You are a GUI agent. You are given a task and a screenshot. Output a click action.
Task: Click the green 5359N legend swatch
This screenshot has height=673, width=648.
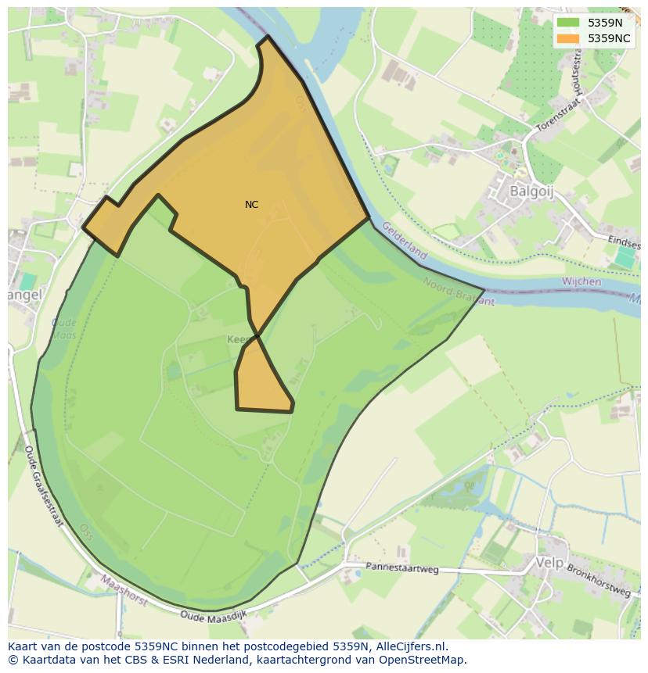[x=567, y=23]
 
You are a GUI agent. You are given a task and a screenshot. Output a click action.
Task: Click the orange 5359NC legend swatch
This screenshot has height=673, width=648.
[x=567, y=38]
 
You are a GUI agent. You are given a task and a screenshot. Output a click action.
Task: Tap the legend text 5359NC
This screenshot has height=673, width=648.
[x=609, y=38]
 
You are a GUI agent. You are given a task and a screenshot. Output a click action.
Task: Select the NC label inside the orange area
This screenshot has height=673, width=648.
[x=251, y=205]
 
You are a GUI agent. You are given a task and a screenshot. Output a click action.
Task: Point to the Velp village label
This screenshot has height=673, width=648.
[x=549, y=562]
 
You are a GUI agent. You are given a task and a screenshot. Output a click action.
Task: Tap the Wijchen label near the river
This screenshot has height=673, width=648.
[x=581, y=281]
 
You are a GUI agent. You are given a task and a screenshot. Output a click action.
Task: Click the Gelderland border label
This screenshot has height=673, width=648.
[x=405, y=241]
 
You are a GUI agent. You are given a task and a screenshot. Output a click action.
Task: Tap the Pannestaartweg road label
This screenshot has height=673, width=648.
[x=402, y=568]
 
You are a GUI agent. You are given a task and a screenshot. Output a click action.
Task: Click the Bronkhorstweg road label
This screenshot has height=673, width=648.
[x=599, y=581]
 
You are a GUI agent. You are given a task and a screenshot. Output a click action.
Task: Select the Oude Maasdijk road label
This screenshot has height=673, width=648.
[x=213, y=617]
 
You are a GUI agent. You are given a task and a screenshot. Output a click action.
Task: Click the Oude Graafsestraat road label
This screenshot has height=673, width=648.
[x=43, y=485]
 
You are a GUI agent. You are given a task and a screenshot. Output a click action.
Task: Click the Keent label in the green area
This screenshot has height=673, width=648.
[x=238, y=340]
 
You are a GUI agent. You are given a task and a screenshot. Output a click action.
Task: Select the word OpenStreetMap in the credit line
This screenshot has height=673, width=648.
[x=424, y=660]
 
